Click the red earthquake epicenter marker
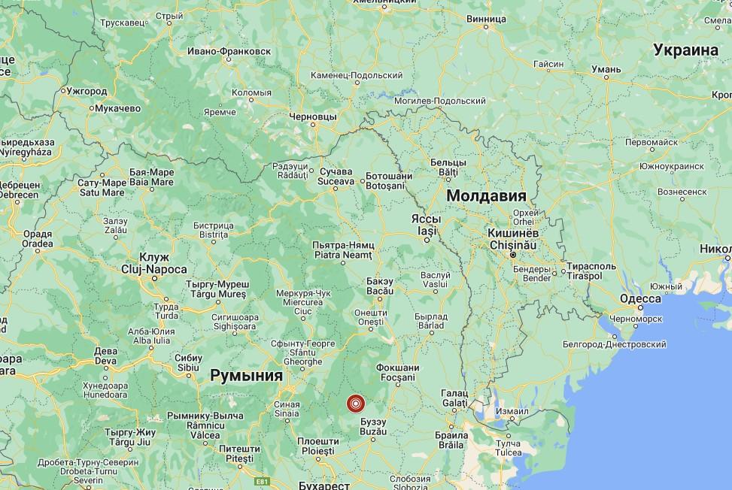(356, 403)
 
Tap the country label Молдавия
(485, 196)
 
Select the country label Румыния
(247, 375)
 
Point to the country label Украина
(685, 50)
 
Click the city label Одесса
(640, 299)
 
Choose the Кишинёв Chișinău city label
(511, 239)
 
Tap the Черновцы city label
(313, 118)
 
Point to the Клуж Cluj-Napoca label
(154, 263)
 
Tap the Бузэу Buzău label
(374, 429)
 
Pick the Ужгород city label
(87, 90)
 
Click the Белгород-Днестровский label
(614, 344)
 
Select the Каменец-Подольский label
(357, 75)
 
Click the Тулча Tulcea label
(508, 448)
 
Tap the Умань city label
(606, 69)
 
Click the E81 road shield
(262, 479)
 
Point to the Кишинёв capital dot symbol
(512, 256)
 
